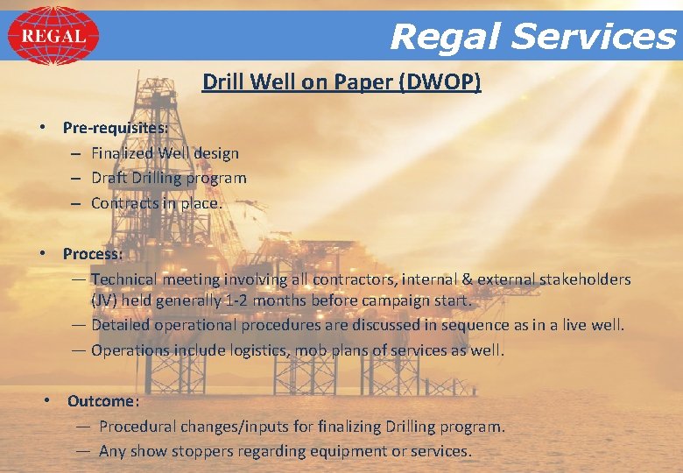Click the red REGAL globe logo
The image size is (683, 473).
(x=53, y=36)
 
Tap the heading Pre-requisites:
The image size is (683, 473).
(x=116, y=127)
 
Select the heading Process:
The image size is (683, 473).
(x=93, y=254)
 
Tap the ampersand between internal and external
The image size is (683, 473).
(x=468, y=279)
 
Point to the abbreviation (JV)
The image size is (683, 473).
(x=104, y=300)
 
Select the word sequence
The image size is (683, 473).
(x=475, y=325)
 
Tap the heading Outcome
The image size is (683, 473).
(x=102, y=401)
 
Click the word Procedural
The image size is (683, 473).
(x=138, y=427)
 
